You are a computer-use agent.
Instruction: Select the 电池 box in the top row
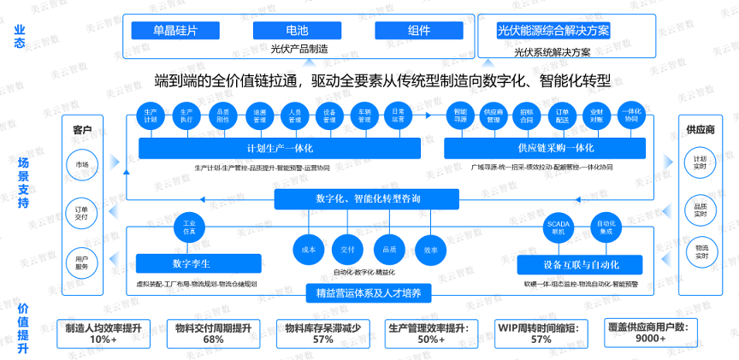pos(299,30)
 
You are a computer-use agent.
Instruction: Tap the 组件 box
pos(419,30)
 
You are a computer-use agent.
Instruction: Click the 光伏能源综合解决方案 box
pos(553,30)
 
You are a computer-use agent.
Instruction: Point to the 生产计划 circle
pos(151,115)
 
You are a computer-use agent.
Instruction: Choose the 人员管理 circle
pos(295,115)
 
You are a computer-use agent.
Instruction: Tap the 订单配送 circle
pos(562,115)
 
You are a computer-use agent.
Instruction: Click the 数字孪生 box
pos(186,263)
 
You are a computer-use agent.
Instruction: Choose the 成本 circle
pos(309,250)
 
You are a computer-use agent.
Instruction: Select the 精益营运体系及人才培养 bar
pos(369,293)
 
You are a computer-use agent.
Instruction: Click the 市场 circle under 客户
pos(82,163)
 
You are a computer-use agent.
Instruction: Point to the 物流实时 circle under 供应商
pos(700,251)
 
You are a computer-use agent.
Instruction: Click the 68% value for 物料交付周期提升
pos(213,339)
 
